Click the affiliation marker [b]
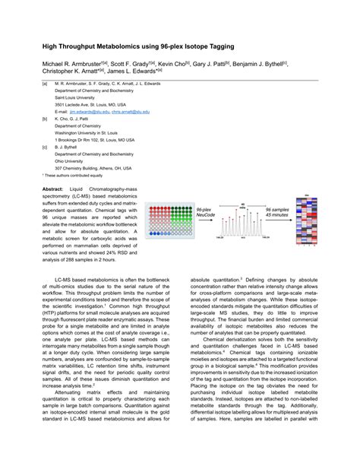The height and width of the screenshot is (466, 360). [x=45, y=118]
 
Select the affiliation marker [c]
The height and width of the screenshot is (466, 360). [x=45, y=147]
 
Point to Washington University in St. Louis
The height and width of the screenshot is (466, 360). [x=92, y=132]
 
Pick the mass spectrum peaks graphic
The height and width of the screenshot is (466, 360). [x=242, y=220]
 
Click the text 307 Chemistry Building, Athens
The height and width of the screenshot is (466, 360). [x=93, y=168]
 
